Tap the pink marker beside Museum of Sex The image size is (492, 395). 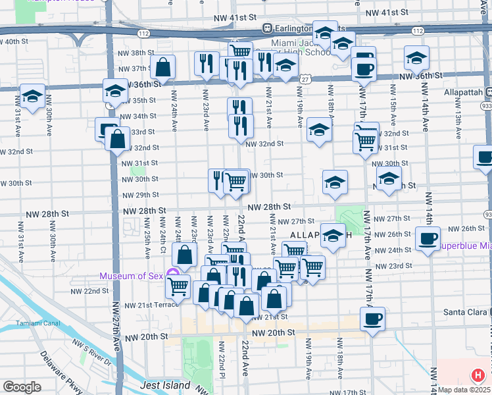click(x=173, y=273)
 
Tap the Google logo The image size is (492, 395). click(x=22, y=386)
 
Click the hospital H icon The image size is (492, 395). click(x=478, y=376)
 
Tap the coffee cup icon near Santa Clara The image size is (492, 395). click(x=372, y=319)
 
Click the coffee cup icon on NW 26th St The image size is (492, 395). click(x=428, y=238)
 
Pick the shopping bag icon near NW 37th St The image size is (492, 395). click(x=162, y=66)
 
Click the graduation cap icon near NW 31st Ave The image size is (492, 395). click(x=32, y=96)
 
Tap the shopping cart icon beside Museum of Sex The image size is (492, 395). click(x=178, y=286)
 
